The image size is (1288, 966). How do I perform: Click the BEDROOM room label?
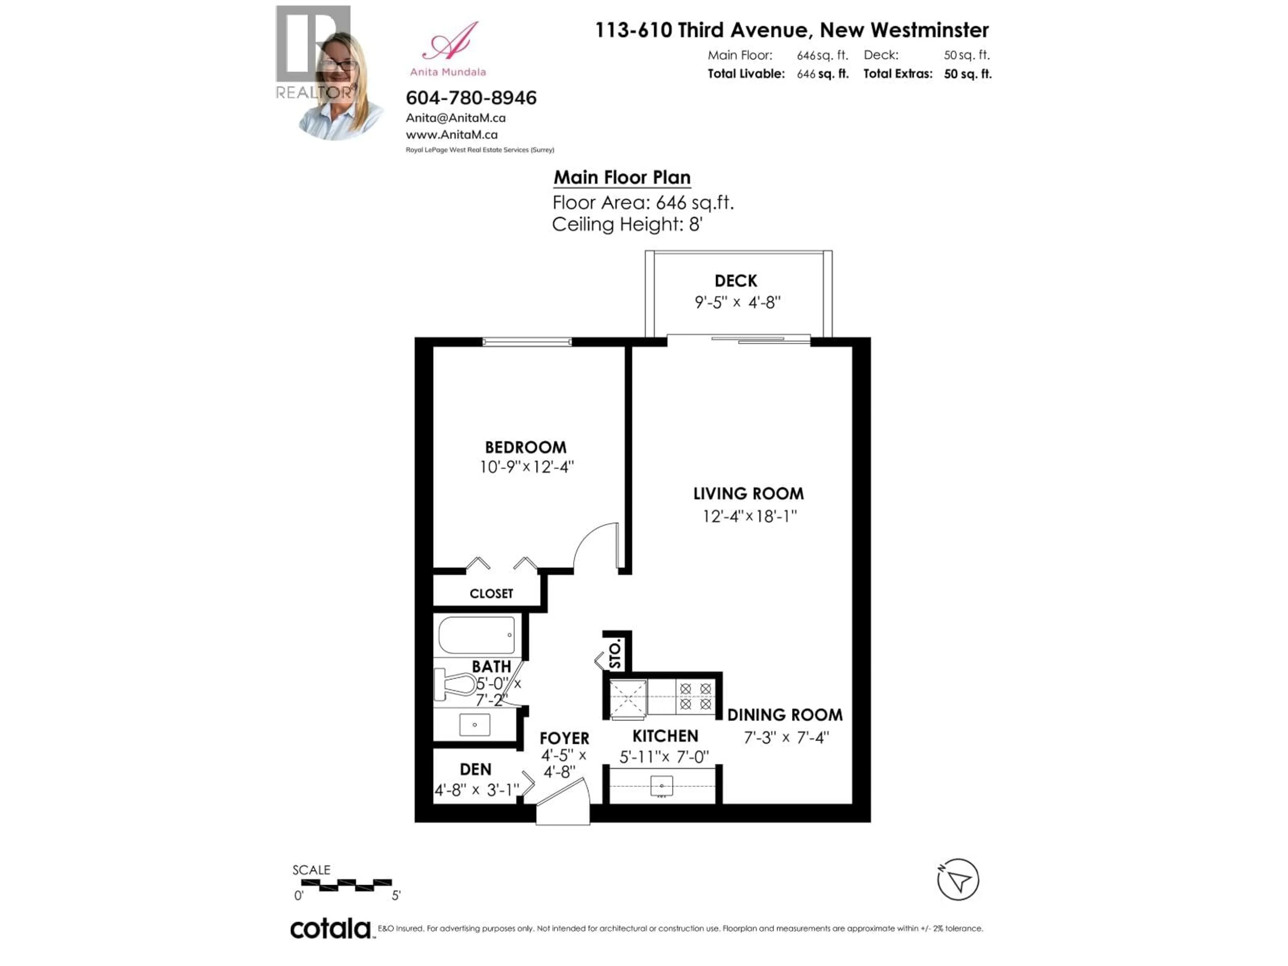click(525, 447)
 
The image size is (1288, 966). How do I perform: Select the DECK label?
click(736, 281)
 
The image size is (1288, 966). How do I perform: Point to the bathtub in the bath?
click(476, 635)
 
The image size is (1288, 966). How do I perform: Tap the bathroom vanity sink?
click(475, 725)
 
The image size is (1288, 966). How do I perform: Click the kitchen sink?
click(661, 786)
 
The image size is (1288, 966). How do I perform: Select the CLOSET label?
click(491, 593)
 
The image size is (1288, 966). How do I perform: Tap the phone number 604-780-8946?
click(471, 98)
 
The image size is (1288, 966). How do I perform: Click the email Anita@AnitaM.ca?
click(455, 118)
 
